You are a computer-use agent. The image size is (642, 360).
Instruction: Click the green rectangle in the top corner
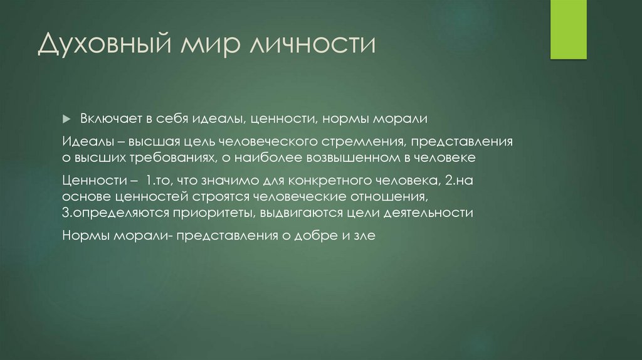click(x=568, y=29)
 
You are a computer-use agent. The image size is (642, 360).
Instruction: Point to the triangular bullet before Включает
click(x=68, y=119)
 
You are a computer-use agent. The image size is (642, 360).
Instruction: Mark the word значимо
click(x=226, y=181)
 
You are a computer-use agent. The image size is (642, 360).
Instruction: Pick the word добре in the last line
click(x=317, y=236)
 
